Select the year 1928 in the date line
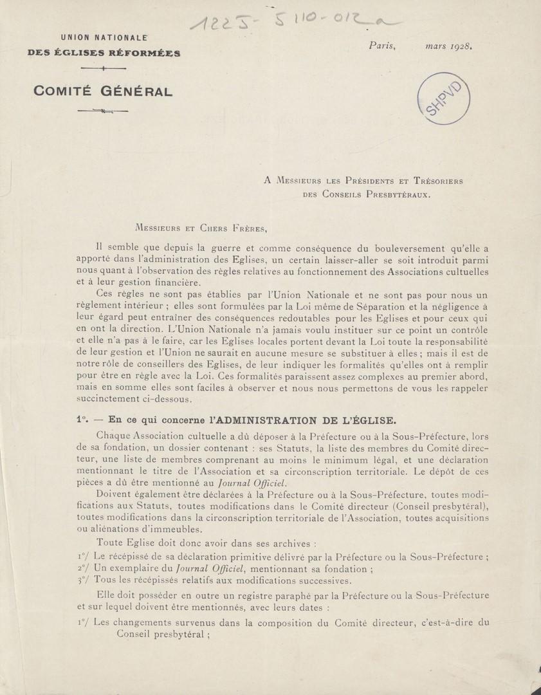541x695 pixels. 461,46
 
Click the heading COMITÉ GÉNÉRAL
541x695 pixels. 103,91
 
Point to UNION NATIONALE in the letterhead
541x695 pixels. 104,39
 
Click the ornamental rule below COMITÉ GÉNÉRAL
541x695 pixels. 102,111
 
